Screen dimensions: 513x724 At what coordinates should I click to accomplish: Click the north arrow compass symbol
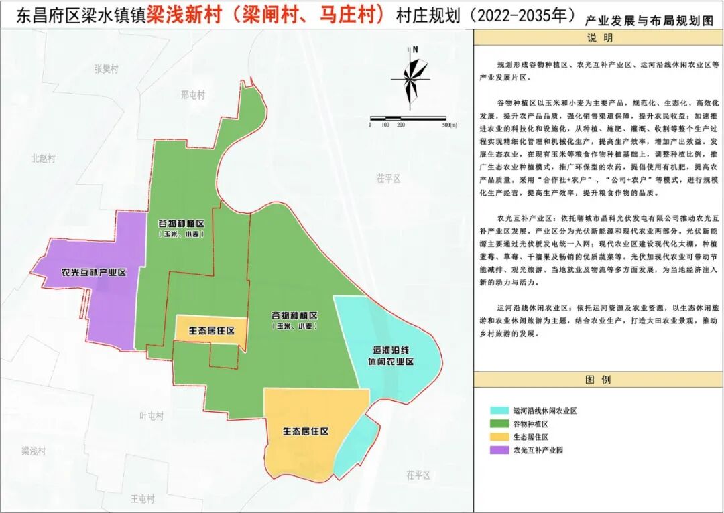pos(410,79)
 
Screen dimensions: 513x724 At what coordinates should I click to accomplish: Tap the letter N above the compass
pos(416,49)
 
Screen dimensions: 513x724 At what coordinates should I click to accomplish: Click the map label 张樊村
pos(106,69)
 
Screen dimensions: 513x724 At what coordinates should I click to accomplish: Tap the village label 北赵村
pos(43,159)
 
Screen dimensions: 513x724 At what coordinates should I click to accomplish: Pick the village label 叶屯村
pos(151,416)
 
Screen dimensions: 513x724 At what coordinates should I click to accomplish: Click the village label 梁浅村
pos(33,451)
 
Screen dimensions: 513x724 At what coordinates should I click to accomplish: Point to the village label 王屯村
pos(142,499)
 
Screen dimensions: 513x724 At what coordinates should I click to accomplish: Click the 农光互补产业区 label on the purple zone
pos(93,273)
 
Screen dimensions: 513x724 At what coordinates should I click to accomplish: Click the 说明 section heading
pos(599,38)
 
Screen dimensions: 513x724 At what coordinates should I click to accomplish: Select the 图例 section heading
pos(598,380)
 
